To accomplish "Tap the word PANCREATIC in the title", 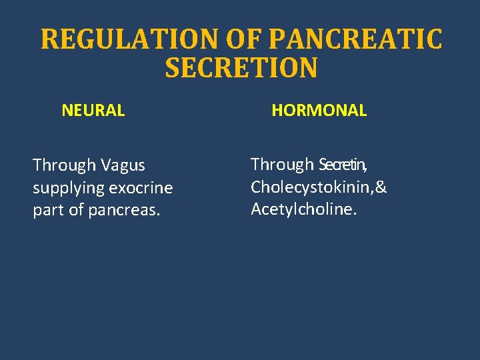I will tap(355, 39).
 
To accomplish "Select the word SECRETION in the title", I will tap(241, 68).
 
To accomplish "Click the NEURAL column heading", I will tap(93, 111).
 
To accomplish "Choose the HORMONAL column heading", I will tap(319, 111).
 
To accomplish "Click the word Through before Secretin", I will tap(282, 164).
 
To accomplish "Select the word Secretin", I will tap(342, 164).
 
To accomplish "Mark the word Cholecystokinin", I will tap(311, 187).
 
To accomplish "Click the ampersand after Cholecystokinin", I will tap(381, 187).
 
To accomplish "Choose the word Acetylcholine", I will tap(302, 210).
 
